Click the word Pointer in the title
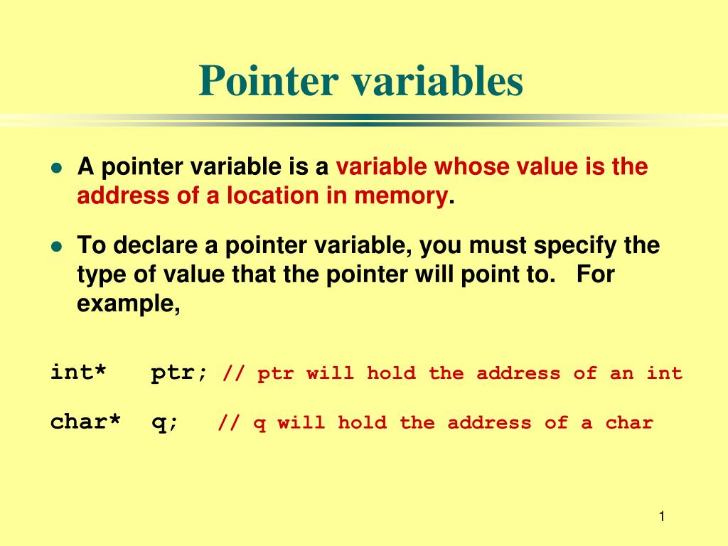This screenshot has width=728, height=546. coord(268,80)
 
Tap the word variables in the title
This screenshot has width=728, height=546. coord(437,80)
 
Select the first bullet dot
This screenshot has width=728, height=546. coord(57,168)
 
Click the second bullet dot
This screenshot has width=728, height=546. coord(57,246)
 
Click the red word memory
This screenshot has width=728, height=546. coord(401,196)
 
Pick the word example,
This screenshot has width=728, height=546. coord(129,304)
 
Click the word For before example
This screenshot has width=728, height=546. coord(595,274)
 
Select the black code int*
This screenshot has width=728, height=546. coord(78,372)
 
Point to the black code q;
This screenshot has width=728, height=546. coord(165,423)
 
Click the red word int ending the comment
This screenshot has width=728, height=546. coord(665,373)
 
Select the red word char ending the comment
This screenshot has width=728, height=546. coord(629,422)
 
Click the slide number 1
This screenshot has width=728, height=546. coord(662,516)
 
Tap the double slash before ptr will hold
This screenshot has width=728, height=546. coord(234,373)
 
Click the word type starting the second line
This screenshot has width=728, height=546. coord(101,275)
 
